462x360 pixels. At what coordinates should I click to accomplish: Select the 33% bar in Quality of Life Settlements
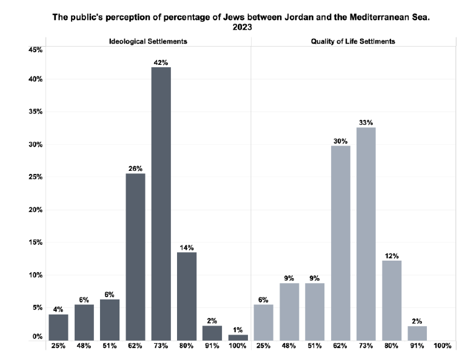pyautogui.click(x=366, y=233)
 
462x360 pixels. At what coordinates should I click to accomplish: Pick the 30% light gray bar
pyautogui.click(x=340, y=242)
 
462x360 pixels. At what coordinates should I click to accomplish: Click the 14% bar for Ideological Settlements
pyautogui.click(x=187, y=296)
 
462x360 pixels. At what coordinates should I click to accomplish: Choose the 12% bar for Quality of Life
pyautogui.click(x=392, y=300)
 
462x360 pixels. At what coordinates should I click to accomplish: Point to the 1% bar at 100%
pyautogui.click(x=238, y=338)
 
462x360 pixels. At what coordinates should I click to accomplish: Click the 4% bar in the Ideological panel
pyautogui.click(x=58, y=327)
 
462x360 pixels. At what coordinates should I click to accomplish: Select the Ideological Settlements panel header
pyautogui.click(x=148, y=41)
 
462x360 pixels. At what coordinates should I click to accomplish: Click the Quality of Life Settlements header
pyautogui.click(x=353, y=41)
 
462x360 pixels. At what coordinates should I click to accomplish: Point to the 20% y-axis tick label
pyautogui.click(x=35, y=210)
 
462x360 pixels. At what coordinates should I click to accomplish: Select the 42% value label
pyautogui.click(x=161, y=62)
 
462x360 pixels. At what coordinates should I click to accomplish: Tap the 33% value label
pyautogui.click(x=366, y=122)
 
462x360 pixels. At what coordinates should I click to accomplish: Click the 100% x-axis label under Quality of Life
pyautogui.click(x=443, y=346)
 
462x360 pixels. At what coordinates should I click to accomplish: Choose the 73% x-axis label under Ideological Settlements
pyautogui.click(x=161, y=346)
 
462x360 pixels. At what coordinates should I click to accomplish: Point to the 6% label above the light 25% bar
pyautogui.click(x=263, y=299)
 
